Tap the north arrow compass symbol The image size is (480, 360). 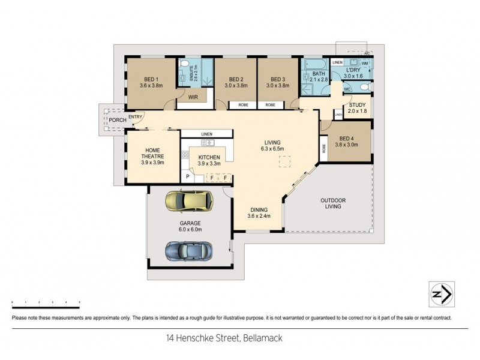coord(441,295)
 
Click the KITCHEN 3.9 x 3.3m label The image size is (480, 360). coord(209,160)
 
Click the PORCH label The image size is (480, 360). coord(117,120)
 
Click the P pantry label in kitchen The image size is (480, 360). coord(187,178)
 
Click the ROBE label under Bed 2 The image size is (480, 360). coord(243,105)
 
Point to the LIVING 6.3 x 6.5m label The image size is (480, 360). coord(272,145)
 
